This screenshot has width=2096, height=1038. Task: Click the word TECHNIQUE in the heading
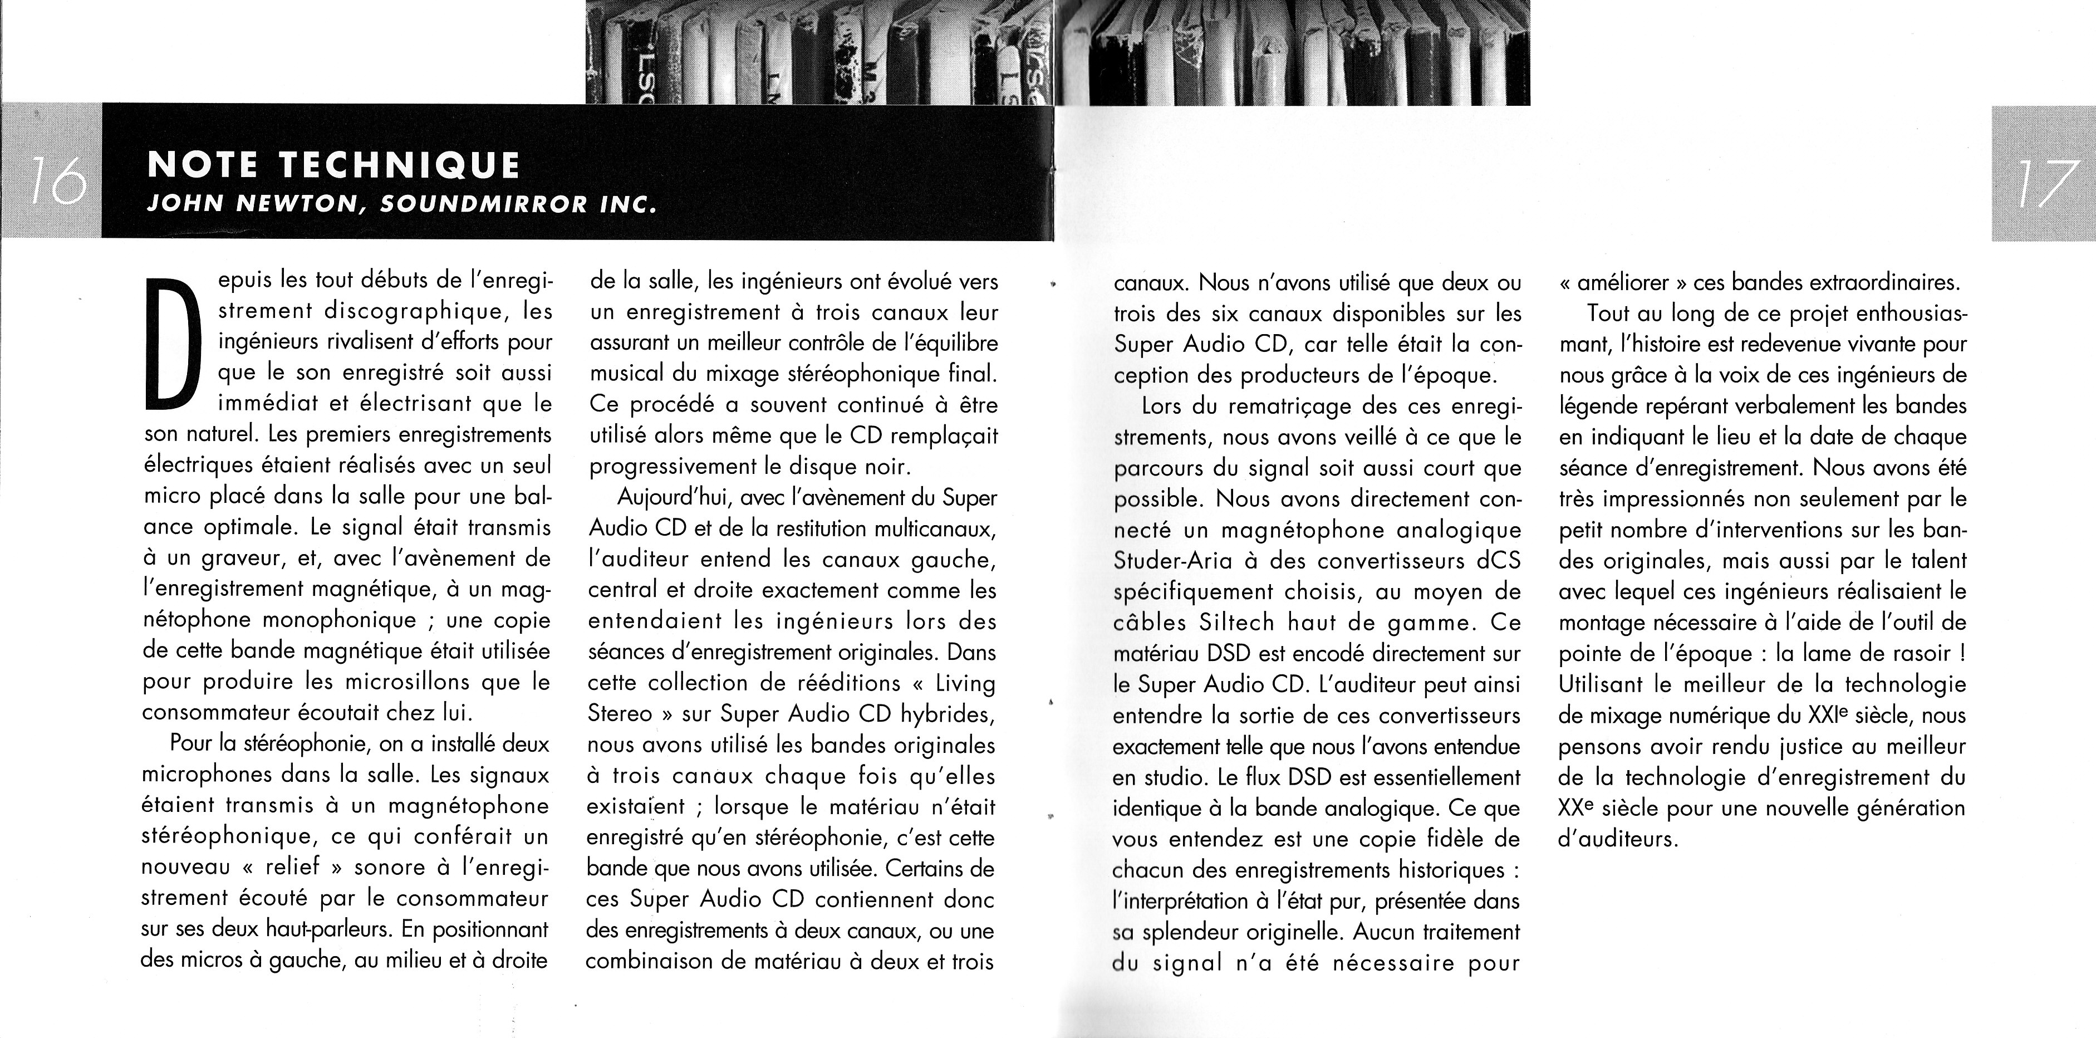[x=399, y=165]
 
